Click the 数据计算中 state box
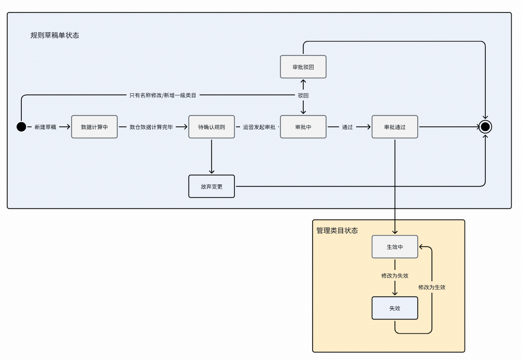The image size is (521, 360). tap(94, 127)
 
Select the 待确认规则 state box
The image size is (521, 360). tap(212, 127)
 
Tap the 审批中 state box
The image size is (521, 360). tap(303, 127)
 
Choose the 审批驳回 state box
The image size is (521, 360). tap(303, 67)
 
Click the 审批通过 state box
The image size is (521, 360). tap(395, 127)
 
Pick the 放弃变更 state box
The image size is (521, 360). tap(212, 186)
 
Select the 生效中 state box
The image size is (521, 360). tap(395, 247)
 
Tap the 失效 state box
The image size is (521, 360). tap(395, 308)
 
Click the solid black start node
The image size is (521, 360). tap(21, 127)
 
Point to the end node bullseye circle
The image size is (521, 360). tap(485, 127)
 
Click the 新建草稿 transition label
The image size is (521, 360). tap(45, 127)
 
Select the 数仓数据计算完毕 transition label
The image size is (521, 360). tap(151, 127)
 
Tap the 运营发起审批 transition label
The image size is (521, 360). tap(259, 127)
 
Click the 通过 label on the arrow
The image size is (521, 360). tap(347, 127)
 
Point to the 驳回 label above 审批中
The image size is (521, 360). tap(303, 95)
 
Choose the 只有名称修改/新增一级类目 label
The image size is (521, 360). tap(163, 95)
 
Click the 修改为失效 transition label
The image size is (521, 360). tap(395, 276)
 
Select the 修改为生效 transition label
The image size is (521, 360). tap(432, 287)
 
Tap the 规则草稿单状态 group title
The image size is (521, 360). tap(55, 35)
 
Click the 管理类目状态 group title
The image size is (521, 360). tap(337, 231)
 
